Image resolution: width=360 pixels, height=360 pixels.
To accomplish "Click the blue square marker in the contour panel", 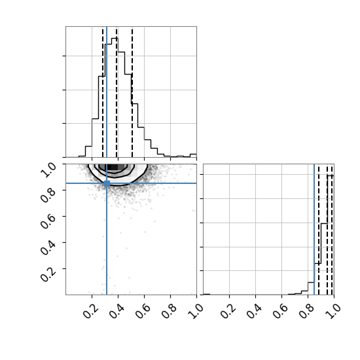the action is coord(107,183).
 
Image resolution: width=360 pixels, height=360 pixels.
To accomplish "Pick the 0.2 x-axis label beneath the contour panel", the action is coord(90,311).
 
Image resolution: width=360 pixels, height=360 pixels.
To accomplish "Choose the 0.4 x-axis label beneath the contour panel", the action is coord(117,311).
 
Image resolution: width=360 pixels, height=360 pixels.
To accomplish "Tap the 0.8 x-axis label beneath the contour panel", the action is coord(169,311).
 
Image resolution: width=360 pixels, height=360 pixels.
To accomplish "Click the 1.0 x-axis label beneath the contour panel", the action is coord(195,311).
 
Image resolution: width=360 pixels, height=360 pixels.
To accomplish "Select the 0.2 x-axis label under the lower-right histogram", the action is coord(228,311).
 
